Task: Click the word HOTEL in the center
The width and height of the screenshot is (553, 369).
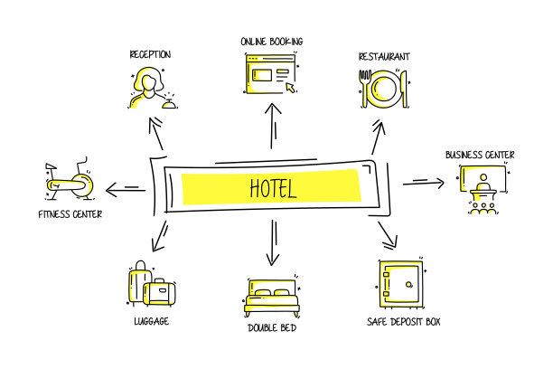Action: tap(272, 189)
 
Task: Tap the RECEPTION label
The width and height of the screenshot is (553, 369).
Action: tap(150, 54)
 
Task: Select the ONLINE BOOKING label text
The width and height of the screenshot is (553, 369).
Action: tap(271, 42)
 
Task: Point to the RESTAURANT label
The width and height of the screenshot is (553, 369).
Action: tap(384, 56)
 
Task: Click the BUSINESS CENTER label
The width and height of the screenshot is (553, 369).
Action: tap(480, 155)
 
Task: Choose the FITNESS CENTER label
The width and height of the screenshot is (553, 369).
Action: tap(70, 214)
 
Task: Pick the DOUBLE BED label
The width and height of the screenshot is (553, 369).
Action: tap(272, 327)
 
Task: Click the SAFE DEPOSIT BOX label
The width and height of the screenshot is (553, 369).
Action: tap(404, 321)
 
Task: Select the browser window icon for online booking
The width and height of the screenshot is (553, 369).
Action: tap(270, 73)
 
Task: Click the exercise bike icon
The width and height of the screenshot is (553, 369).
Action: tap(69, 182)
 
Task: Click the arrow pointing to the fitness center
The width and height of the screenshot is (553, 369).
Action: tap(123, 189)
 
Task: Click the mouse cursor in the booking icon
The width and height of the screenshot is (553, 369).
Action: tap(290, 88)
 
